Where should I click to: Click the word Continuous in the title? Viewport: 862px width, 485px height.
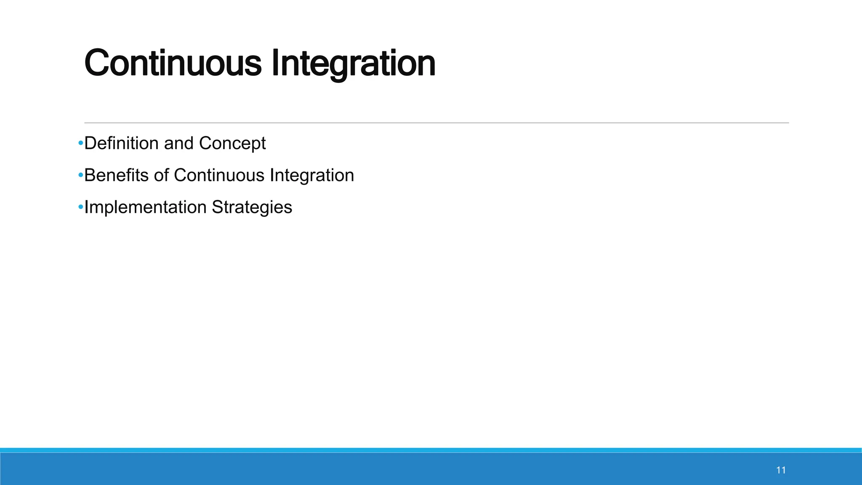(x=173, y=63)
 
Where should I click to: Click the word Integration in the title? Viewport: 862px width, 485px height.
(x=353, y=63)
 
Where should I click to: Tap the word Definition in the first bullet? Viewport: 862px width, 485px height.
(x=121, y=143)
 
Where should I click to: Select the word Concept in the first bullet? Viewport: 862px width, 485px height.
(x=232, y=144)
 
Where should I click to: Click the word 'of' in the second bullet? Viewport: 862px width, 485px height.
(x=161, y=175)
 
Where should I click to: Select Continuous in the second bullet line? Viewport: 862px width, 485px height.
(x=219, y=175)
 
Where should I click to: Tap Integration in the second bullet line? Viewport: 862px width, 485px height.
(x=312, y=175)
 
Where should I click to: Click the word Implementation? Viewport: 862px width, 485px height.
(x=145, y=207)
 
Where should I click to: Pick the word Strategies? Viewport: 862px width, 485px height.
(x=252, y=207)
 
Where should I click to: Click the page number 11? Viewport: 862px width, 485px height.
(x=781, y=470)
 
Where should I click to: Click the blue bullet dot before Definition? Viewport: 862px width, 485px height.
(x=80, y=144)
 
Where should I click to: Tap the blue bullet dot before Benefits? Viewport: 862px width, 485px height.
(x=80, y=176)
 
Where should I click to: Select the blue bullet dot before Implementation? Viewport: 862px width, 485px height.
(x=80, y=208)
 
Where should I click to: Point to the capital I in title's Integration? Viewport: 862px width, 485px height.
(x=275, y=63)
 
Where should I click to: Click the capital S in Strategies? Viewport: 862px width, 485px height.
(x=217, y=207)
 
